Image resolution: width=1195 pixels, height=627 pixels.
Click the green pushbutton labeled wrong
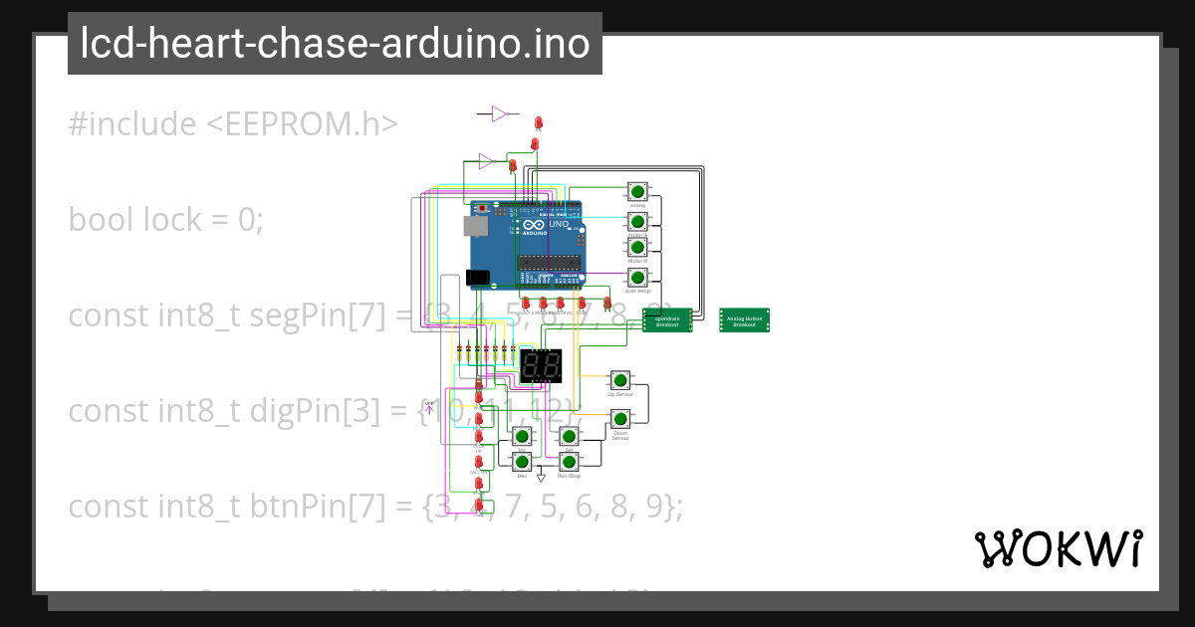[637, 191]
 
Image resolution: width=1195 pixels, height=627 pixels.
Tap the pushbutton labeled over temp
[637, 277]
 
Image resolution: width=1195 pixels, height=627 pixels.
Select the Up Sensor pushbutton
[620, 380]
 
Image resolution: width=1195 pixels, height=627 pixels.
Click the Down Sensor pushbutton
[619, 418]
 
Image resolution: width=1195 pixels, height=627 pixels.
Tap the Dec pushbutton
[522, 461]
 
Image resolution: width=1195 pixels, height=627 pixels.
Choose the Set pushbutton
[569, 436]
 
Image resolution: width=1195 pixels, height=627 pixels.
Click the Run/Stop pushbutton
[569, 461]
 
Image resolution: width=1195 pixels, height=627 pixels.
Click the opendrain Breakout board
[667, 320]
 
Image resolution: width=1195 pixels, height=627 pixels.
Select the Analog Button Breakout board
[745, 320]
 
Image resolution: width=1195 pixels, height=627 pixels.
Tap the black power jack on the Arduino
[478, 278]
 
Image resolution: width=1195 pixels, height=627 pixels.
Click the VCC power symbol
[429, 406]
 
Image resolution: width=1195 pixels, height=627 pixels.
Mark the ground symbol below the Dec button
[542, 478]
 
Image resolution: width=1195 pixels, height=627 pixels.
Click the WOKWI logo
[1058, 548]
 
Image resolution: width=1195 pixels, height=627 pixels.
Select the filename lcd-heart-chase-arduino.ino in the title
[335, 44]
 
